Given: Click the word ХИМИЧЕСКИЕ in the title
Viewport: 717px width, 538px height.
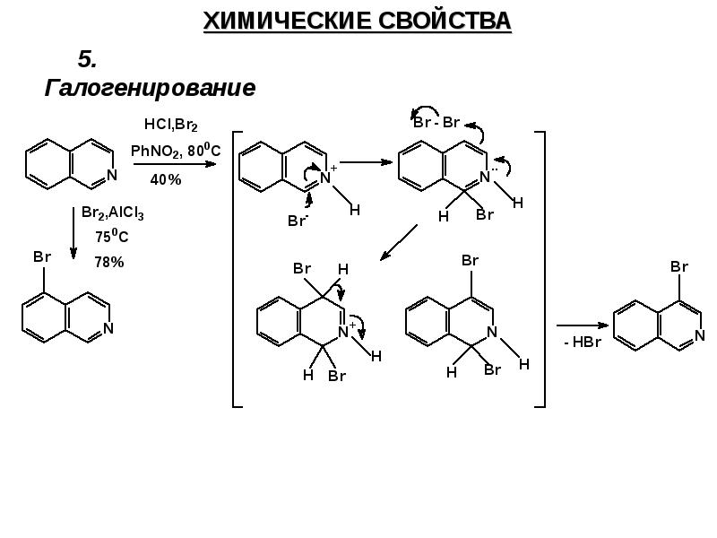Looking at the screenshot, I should coord(280,21).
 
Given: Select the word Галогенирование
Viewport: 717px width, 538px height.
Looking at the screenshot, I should coord(150,89).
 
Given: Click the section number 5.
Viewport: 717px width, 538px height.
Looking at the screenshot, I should coord(87,59).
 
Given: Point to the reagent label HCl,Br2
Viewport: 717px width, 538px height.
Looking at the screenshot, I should coord(170,125).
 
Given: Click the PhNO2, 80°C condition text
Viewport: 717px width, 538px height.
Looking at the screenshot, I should coord(175,152).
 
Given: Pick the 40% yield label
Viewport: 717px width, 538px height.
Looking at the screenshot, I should coord(165,179).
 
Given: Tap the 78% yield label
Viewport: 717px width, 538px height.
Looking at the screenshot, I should coord(108,263).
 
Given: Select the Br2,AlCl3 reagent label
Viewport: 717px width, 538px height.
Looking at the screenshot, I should coord(112,213).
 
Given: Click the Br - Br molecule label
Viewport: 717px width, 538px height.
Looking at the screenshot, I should coord(436,123).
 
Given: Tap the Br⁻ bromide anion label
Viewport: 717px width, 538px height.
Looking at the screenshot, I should coord(298,220).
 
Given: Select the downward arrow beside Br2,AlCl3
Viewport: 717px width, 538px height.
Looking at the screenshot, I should coord(73,234).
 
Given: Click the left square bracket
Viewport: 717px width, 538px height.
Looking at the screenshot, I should coord(237,269).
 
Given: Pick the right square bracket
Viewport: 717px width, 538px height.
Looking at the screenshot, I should coord(540,269).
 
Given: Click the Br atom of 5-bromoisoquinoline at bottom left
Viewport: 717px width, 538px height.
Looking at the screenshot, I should coord(42,257).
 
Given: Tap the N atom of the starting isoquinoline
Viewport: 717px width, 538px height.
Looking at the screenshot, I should coord(109,176).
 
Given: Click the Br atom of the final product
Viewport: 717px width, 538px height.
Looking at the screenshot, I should coord(679,267).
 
